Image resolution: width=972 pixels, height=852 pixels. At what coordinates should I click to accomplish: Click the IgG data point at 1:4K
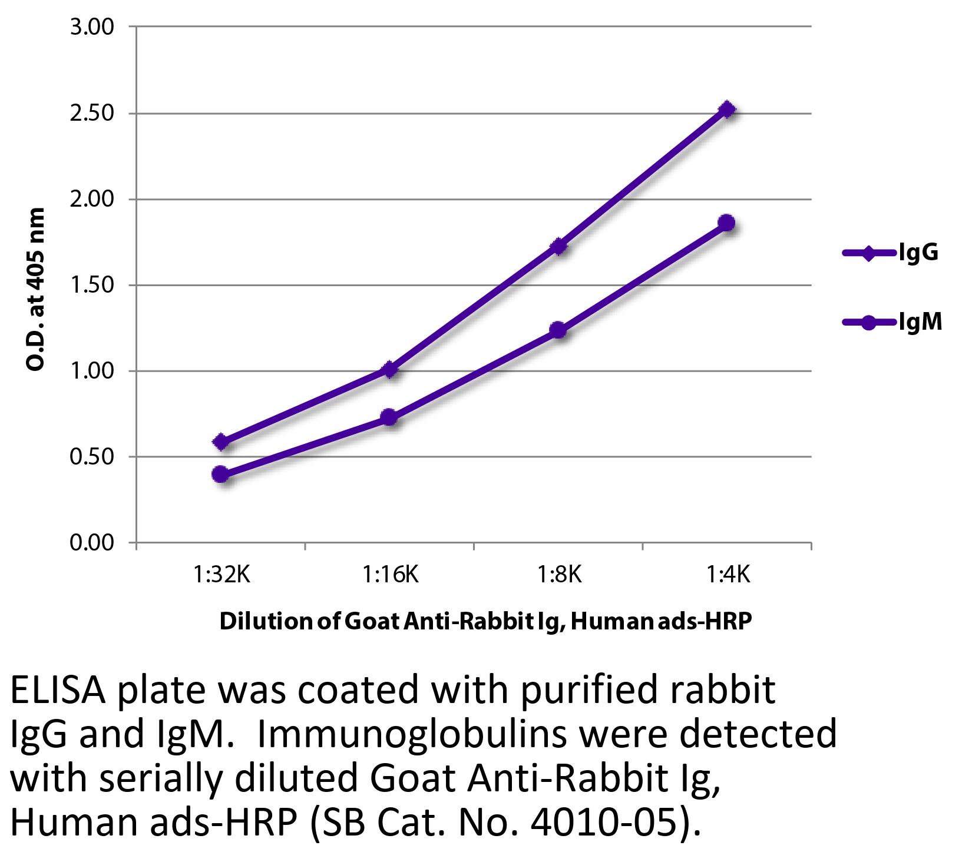pos(727,110)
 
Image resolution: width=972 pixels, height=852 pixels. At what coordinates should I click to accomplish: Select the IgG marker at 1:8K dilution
pos(558,246)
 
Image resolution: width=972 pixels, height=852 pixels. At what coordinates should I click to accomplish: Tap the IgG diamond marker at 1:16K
pos(389,370)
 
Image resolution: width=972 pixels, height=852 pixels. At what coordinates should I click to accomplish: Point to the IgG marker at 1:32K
pos(221,442)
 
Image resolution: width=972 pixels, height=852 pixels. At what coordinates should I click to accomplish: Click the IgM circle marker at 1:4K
pos(727,223)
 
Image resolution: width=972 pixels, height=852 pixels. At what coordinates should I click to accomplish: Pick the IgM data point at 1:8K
pos(558,330)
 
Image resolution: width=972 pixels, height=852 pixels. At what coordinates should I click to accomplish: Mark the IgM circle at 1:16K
pos(389,418)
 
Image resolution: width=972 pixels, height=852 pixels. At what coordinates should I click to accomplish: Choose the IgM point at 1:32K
pos(221,474)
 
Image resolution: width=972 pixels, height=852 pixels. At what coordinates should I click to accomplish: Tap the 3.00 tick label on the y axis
pos(91,27)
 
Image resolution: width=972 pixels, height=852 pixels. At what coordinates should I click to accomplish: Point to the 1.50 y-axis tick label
pos(91,286)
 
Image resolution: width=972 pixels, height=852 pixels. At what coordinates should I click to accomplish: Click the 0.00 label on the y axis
pos(91,543)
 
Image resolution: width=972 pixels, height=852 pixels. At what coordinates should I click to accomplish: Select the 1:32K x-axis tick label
pos(221,573)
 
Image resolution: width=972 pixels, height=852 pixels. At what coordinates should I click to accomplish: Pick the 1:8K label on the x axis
pos(558,573)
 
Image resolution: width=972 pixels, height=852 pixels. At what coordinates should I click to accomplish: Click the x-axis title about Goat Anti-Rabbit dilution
pos(485,622)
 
